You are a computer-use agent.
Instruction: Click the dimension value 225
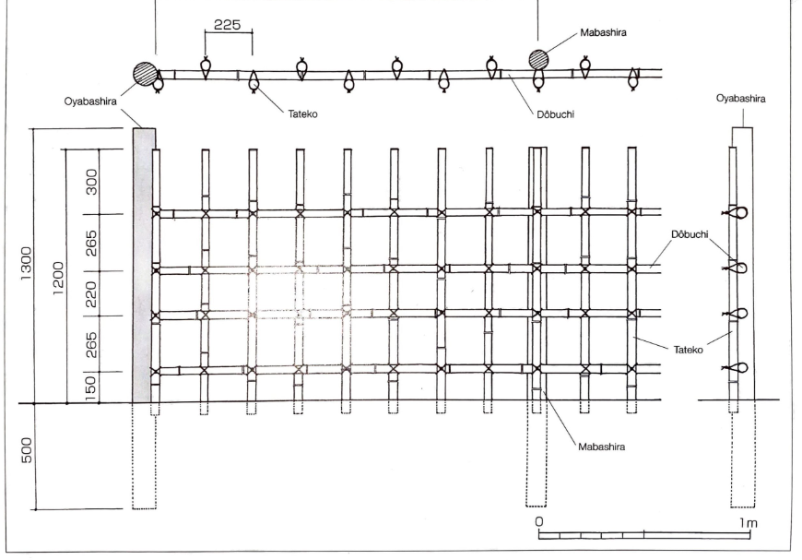[x=227, y=25]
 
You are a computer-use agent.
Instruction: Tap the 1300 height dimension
[x=26, y=264]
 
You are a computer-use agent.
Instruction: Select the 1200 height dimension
[x=58, y=273]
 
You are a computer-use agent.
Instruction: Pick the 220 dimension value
[x=92, y=293]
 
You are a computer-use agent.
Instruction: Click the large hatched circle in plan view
[x=144, y=74]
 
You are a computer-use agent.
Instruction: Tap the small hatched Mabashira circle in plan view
[x=538, y=60]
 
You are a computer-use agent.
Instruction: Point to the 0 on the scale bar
[x=540, y=520]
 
